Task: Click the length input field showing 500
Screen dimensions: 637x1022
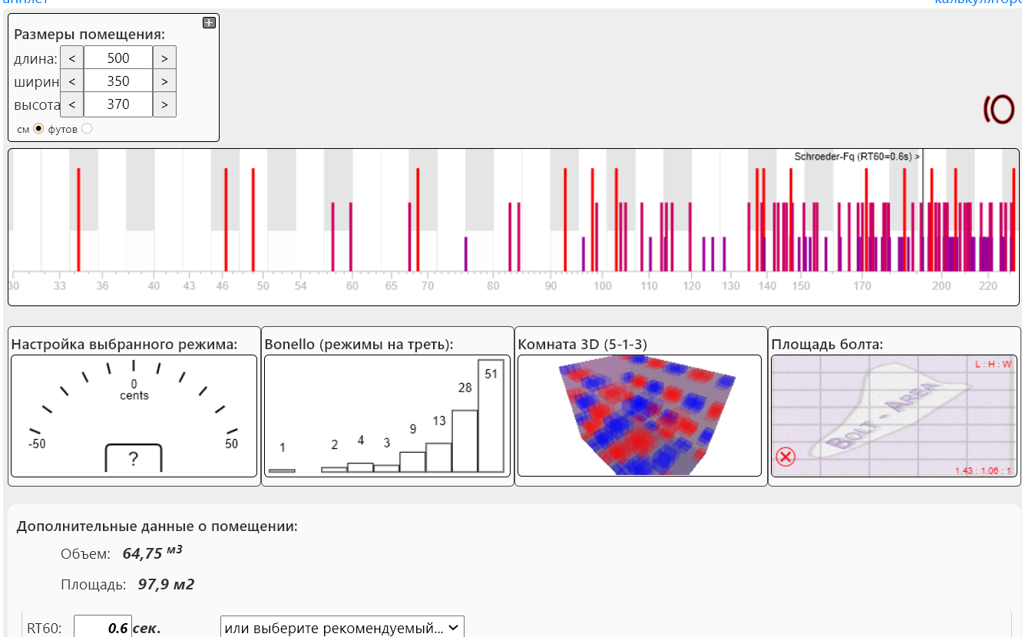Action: pyautogui.click(x=118, y=58)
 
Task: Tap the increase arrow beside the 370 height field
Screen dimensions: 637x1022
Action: pyautogui.click(x=164, y=104)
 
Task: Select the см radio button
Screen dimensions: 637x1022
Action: pyautogui.click(x=38, y=129)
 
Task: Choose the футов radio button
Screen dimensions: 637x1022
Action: pyautogui.click(x=87, y=129)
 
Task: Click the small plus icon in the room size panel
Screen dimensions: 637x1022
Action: pyautogui.click(x=209, y=23)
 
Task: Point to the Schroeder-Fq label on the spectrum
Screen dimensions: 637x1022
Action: pyautogui.click(x=856, y=156)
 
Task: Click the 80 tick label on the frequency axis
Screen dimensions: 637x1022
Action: pyautogui.click(x=493, y=286)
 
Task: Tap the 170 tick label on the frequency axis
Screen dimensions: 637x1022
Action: pyautogui.click(x=862, y=286)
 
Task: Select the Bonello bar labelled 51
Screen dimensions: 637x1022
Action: pyautogui.click(x=491, y=415)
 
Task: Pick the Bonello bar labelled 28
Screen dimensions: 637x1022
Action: pyautogui.click(x=465, y=441)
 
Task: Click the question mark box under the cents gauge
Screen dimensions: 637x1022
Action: pyautogui.click(x=134, y=459)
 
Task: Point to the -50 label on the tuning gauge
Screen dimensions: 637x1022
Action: pyautogui.click(x=36, y=444)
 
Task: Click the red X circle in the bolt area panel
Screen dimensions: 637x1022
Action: pyautogui.click(x=786, y=457)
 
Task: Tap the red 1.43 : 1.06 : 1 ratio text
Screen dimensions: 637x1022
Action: pyautogui.click(x=983, y=470)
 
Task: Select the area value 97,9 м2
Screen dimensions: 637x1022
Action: pyautogui.click(x=166, y=585)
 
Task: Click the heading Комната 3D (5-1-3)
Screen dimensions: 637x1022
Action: pyautogui.click(x=583, y=345)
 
